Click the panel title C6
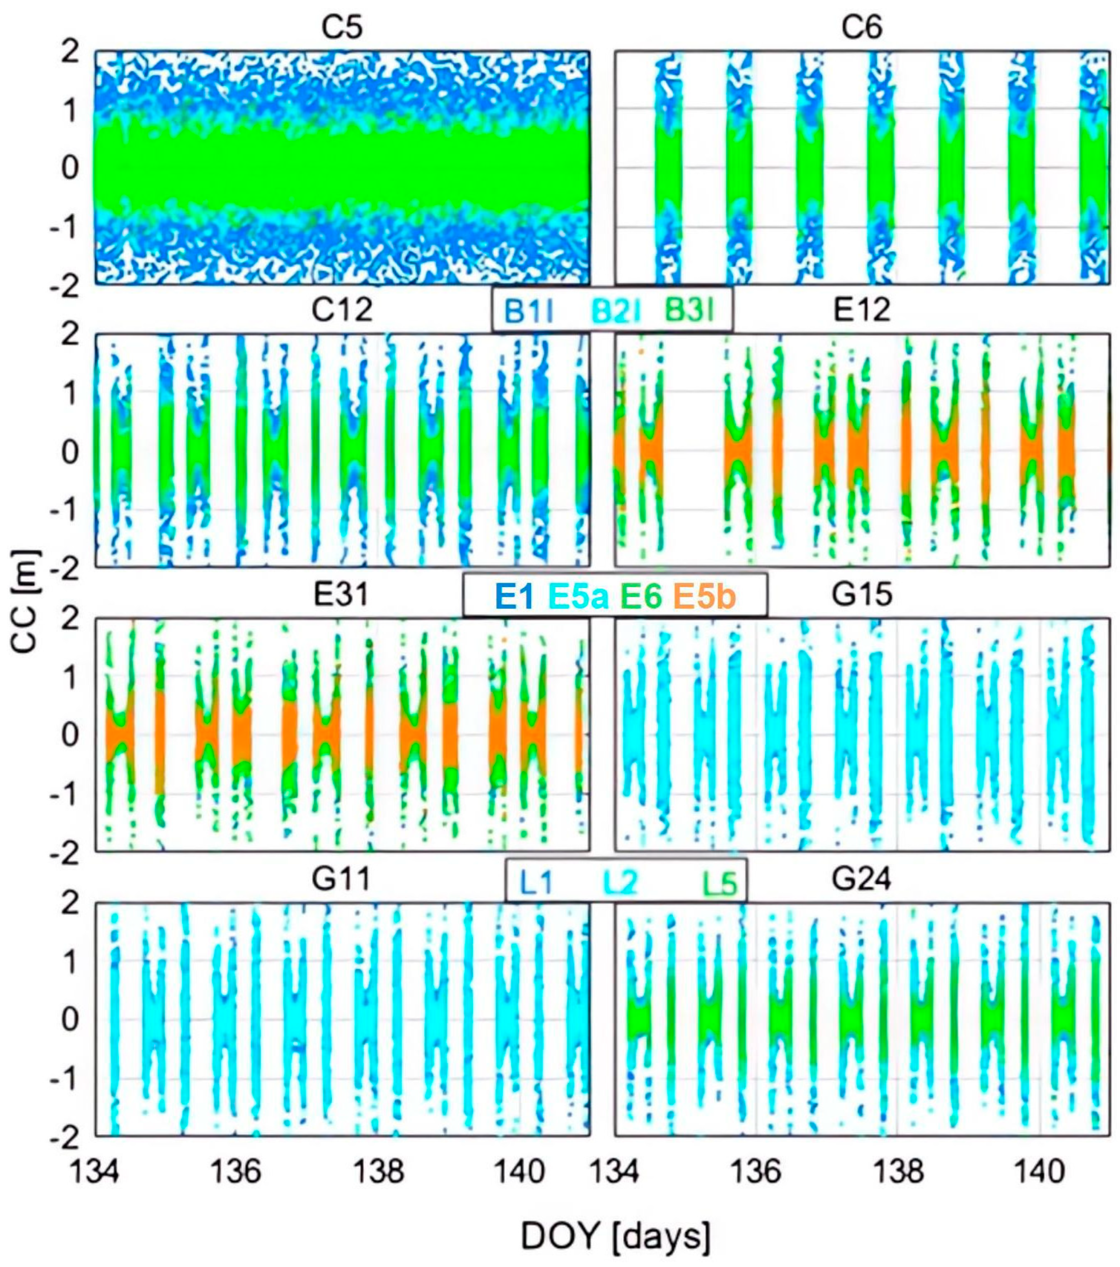click(x=862, y=27)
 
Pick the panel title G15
click(x=862, y=594)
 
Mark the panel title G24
click(x=862, y=878)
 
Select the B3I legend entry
click(x=690, y=310)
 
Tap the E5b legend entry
click(x=705, y=597)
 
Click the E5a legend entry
click(x=579, y=597)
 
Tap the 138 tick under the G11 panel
click(x=377, y=1171)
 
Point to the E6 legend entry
click(x=641, y=597)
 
